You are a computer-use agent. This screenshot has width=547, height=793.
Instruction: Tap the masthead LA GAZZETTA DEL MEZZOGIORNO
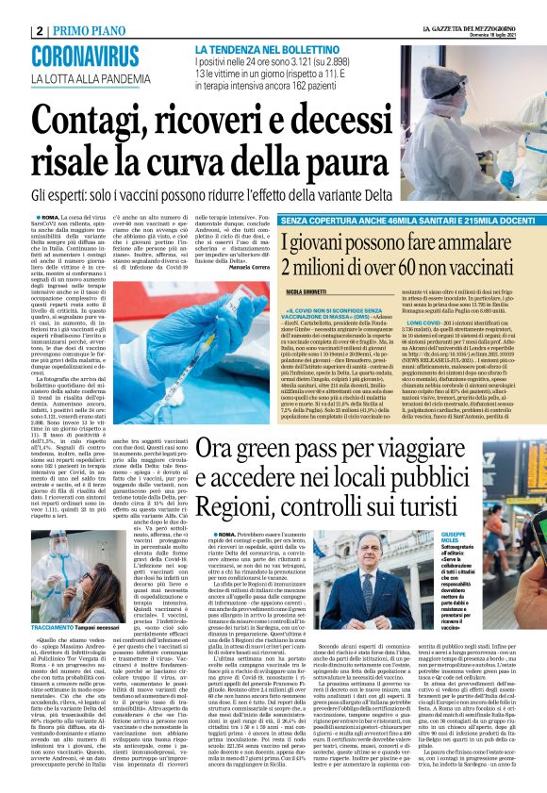[x=462, y=29]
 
